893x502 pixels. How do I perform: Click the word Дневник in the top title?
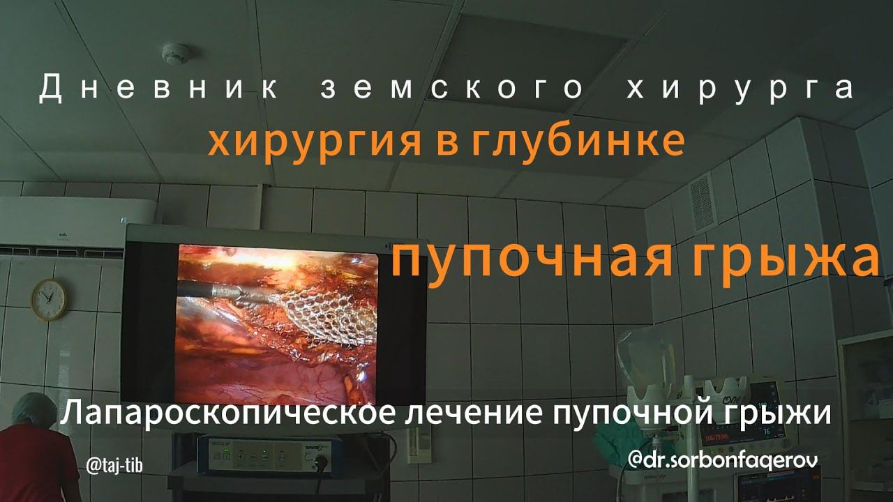tap(158, 88)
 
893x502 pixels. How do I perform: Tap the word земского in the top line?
tap(452, 88)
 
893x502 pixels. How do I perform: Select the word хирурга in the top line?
tap(740, 89)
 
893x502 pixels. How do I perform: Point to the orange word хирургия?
tap(315, 143)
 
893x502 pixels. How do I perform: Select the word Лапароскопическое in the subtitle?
tap(228, 413)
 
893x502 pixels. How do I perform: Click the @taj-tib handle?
tap(114, 465)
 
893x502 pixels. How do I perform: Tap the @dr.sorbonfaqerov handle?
tap(722, 461)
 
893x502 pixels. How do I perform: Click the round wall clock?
tap(49, 300)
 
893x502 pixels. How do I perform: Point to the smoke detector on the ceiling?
tap(175, 53)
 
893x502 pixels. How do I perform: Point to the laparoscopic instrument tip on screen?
tap(228, 292)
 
